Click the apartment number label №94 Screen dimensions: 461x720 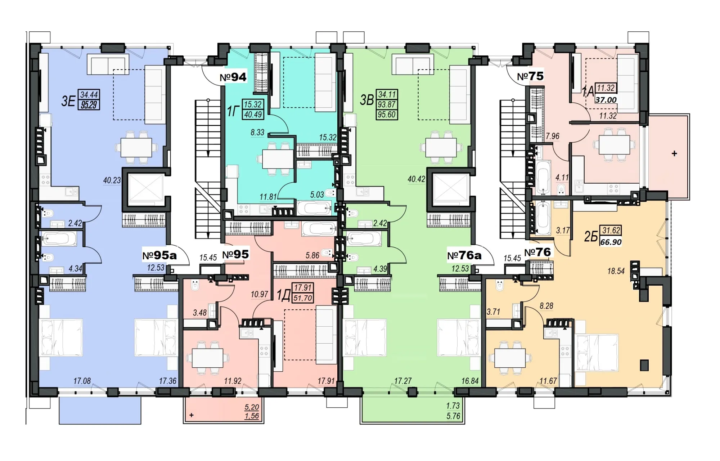233,77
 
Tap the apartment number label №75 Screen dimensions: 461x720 530,76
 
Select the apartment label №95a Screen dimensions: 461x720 159,255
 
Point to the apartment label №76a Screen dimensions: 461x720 464,256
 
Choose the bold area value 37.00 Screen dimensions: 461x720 606,100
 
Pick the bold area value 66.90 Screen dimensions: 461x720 611,242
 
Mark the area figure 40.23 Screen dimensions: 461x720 112,180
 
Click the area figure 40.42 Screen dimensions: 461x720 417,179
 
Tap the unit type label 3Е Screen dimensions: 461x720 68,101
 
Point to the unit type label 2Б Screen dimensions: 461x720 591,237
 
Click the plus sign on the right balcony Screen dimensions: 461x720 674,153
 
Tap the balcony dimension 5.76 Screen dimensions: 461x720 453,416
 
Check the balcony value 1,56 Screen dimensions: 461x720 252,416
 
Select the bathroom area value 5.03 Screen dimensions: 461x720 317,195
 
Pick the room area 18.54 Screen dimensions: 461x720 616,271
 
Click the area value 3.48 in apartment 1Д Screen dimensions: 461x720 200,313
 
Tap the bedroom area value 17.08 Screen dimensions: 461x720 82,381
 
